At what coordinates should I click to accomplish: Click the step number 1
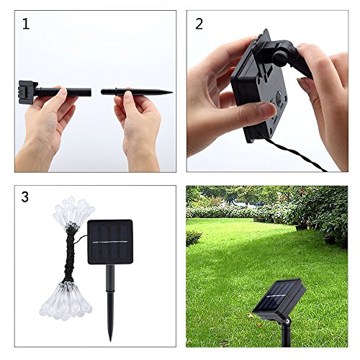26,24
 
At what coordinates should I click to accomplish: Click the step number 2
199,24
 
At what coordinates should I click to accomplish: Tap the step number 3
25,197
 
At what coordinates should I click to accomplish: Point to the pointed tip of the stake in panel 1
172,92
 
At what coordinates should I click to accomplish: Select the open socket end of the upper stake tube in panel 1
90,92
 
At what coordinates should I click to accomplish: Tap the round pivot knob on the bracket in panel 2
279,58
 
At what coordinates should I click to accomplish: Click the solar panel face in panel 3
110,242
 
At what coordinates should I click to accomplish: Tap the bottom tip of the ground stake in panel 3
110,341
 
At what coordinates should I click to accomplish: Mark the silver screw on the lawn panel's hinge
287,320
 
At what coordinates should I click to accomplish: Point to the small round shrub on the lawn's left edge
193,238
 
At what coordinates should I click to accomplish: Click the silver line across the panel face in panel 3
110,242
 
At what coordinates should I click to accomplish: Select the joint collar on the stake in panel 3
110,292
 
